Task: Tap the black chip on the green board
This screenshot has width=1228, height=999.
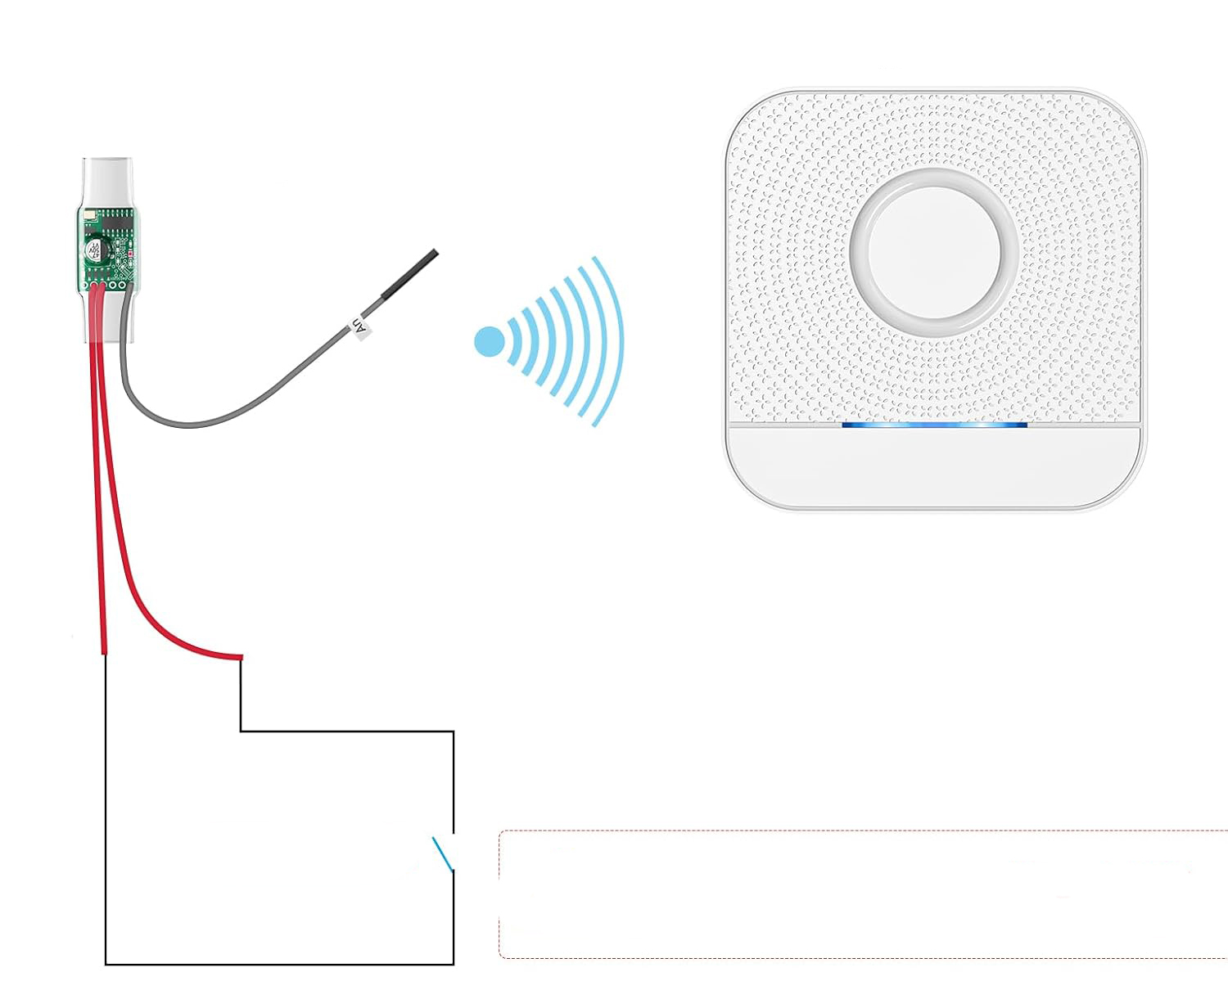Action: coord(118,221)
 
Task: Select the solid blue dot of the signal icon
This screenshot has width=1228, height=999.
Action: coord(490,342)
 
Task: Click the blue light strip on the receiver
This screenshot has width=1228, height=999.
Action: coord(934,425)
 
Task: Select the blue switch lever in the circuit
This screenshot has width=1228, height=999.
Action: coord(442,853)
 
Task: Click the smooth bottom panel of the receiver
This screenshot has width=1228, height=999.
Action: coord(934,466)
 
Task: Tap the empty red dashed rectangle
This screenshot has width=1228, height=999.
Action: coord(860,893)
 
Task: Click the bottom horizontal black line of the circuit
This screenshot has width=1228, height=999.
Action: coord(278,964)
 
